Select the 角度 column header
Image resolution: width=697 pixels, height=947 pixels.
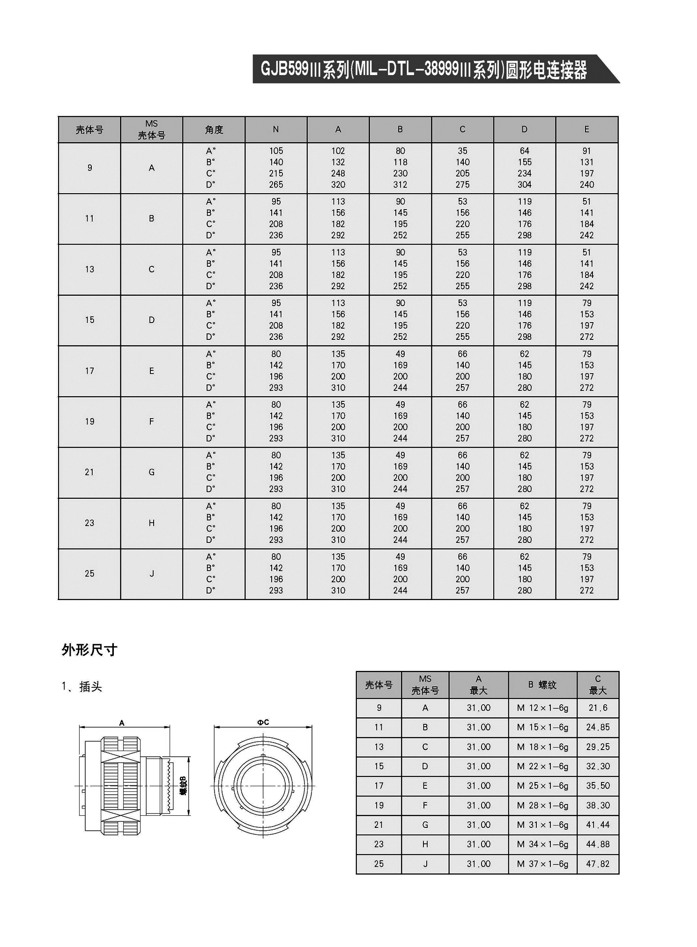click(x=214, y=130)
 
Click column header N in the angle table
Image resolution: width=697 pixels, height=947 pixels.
click(x=276, y=129)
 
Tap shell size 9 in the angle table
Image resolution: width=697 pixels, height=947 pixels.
click(x=89, y=168)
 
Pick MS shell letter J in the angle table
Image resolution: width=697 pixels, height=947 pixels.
click(x=151, y=574)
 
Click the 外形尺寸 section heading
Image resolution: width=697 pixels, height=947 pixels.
click(x=89, y=650)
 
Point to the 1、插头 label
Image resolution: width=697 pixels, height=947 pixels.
click(x=82, y=687)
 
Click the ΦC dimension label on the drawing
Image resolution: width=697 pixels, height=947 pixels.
click(x=263, y=722)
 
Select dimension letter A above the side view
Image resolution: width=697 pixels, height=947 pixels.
click(x=122, y=723)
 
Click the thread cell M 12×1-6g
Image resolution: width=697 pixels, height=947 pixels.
click(x=542, y=708)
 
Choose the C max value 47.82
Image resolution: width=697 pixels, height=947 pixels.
click(x=598, y=864)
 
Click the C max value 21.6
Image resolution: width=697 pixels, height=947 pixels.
click(x=598, y=708)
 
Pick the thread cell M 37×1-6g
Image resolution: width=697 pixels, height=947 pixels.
click(x=542, y=864)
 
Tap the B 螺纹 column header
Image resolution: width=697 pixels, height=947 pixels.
click(x=542, y=685)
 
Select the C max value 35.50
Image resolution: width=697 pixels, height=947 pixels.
click(x=598, y=786)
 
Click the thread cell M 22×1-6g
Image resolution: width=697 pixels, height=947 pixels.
click(x=542, y=767)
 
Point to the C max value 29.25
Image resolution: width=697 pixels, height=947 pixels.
click(x=598, y=747)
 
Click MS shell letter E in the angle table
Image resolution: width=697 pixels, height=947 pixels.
click(x=151, y=371)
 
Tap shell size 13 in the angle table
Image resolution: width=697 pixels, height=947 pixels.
click(x=89, y=270)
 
